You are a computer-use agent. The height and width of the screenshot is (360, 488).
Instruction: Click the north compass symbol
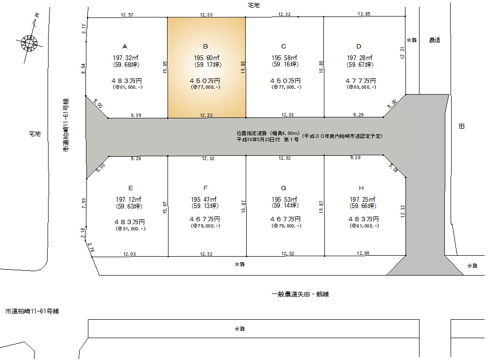pos(29,42)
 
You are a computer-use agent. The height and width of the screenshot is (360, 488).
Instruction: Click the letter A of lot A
pos(125,47)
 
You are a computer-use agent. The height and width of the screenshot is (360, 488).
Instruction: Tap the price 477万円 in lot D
pos(361,81)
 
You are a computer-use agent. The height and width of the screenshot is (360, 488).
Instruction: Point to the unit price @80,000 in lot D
pos(361,87)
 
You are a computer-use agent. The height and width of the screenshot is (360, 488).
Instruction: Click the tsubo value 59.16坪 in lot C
pos(285,65)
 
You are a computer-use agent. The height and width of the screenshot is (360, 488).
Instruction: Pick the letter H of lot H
pos(361,188)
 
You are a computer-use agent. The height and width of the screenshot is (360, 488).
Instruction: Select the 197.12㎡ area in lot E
pos(129,199)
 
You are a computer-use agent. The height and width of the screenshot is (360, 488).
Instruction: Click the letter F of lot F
pos(205,188)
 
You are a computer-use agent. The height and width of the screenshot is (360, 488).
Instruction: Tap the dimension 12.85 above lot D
pos(364,14)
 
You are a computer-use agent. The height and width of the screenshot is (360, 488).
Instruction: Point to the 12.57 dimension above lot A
pos(127,15)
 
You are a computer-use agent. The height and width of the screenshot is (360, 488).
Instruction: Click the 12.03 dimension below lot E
pos(130,254)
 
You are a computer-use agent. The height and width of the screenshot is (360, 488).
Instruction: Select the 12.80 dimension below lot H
pos(363,253)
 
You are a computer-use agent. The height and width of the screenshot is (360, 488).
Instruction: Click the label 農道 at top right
pos(435,40)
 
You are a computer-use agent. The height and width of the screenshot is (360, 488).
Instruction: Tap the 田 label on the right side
pos(462,126)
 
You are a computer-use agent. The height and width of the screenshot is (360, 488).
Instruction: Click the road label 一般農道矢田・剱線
pos(301,294)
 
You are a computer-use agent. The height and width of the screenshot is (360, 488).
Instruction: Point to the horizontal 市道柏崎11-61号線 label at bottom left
pos(32,311)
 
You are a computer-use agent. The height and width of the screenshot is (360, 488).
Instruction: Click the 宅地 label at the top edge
pos(253,5)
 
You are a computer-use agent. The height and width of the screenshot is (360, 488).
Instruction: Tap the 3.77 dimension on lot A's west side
pos(84,29)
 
